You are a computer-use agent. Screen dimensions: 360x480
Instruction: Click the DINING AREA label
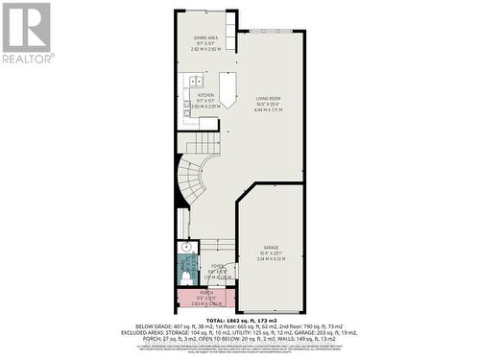pyautogui.click(x=205, y=37)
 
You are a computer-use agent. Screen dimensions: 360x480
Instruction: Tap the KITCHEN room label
pyautogui.click(x=205, y=95)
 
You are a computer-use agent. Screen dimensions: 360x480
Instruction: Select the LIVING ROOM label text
pyautogui.click(x=268, y=98)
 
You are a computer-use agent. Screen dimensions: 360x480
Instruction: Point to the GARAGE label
pyautogui.click(x=271, y=248)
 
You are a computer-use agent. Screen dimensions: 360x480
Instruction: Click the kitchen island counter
pyautogui.click(x=227, y=91)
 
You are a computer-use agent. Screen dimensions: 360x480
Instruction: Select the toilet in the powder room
pyautogui.click(x=185, y=276)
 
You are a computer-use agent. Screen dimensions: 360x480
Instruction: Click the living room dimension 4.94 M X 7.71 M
pyautogui.click(x=271, y=110)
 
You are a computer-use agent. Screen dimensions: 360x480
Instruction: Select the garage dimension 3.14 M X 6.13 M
pyautogui.click(x=271, y=259)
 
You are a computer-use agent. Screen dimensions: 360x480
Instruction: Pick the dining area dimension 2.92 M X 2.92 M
pyautogui.click(x=205, y=49)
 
